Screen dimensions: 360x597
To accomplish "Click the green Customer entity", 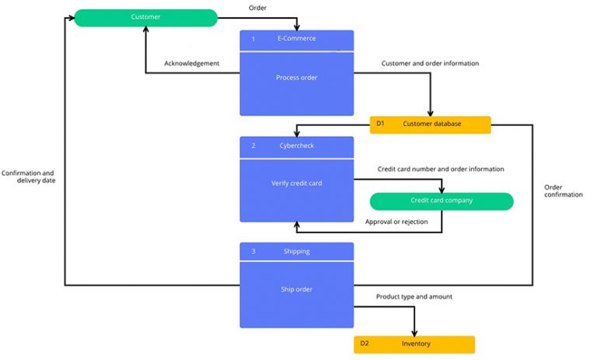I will coord(145,17).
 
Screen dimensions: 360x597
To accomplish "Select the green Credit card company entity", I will coord(441,201).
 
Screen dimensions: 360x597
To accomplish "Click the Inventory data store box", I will coord(414,344).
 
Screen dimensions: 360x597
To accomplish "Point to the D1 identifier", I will coord(380,124).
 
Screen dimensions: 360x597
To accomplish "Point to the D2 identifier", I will coord(365,344).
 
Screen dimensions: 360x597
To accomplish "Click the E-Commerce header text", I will coord(296,39).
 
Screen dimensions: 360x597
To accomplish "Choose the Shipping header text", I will coord(296,251).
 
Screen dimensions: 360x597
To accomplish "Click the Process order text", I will coord(296,78).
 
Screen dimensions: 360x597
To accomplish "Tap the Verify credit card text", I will coord(296,183).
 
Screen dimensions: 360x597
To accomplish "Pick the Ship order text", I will coord(296,289).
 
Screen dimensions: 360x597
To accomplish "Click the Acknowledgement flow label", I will coord(191,63).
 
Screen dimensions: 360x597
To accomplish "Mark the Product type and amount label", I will coord(414,296).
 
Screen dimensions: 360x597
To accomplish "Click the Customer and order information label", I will coord(430,63).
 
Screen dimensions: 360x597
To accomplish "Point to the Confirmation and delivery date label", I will coord(28,177).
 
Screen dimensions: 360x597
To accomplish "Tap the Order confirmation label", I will coord(563,190).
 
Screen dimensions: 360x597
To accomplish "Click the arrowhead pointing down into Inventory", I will coord(414,332).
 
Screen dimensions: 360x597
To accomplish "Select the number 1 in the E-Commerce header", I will coord(253,39).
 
